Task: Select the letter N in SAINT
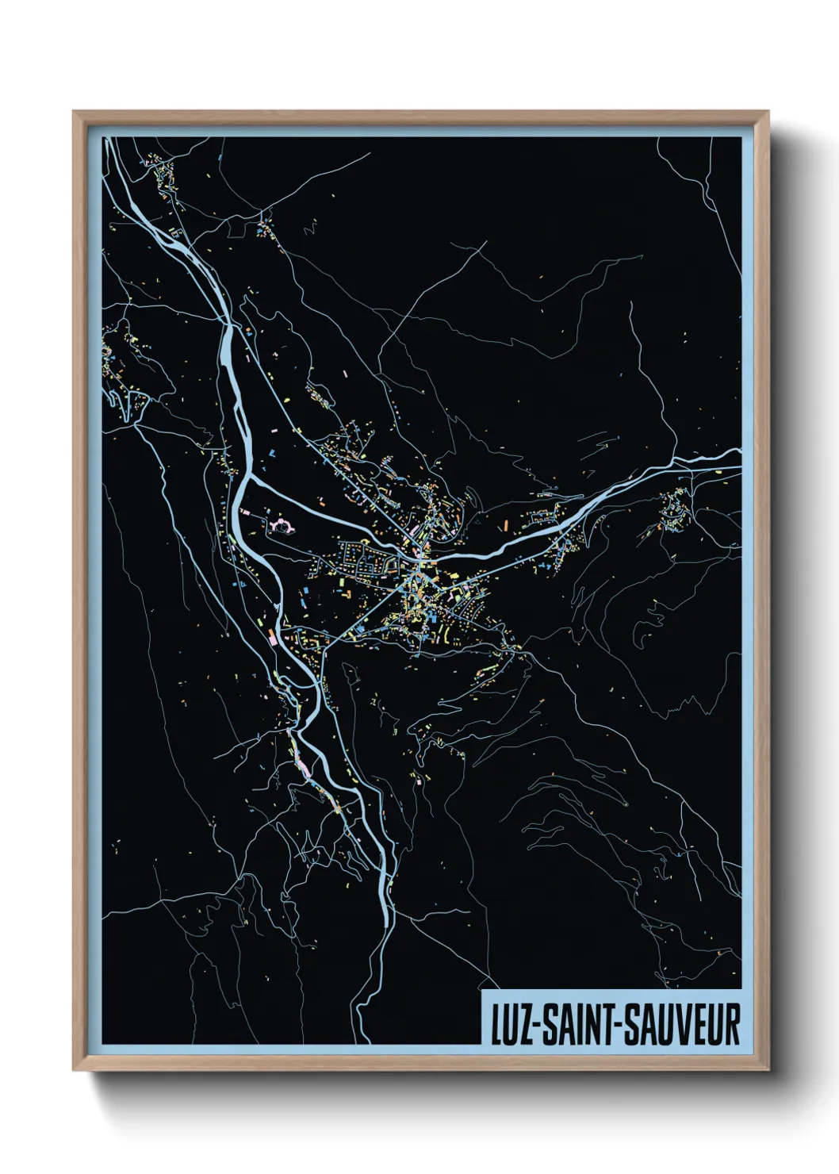coord(588,1025)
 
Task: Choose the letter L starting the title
coord(495,1025)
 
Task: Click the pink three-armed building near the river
coord(281,524)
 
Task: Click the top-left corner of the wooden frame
coord(74,112)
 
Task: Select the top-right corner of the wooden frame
coord(768,112)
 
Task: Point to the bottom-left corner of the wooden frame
coord(74,1070)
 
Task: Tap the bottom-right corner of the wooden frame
coord(768,1070)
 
